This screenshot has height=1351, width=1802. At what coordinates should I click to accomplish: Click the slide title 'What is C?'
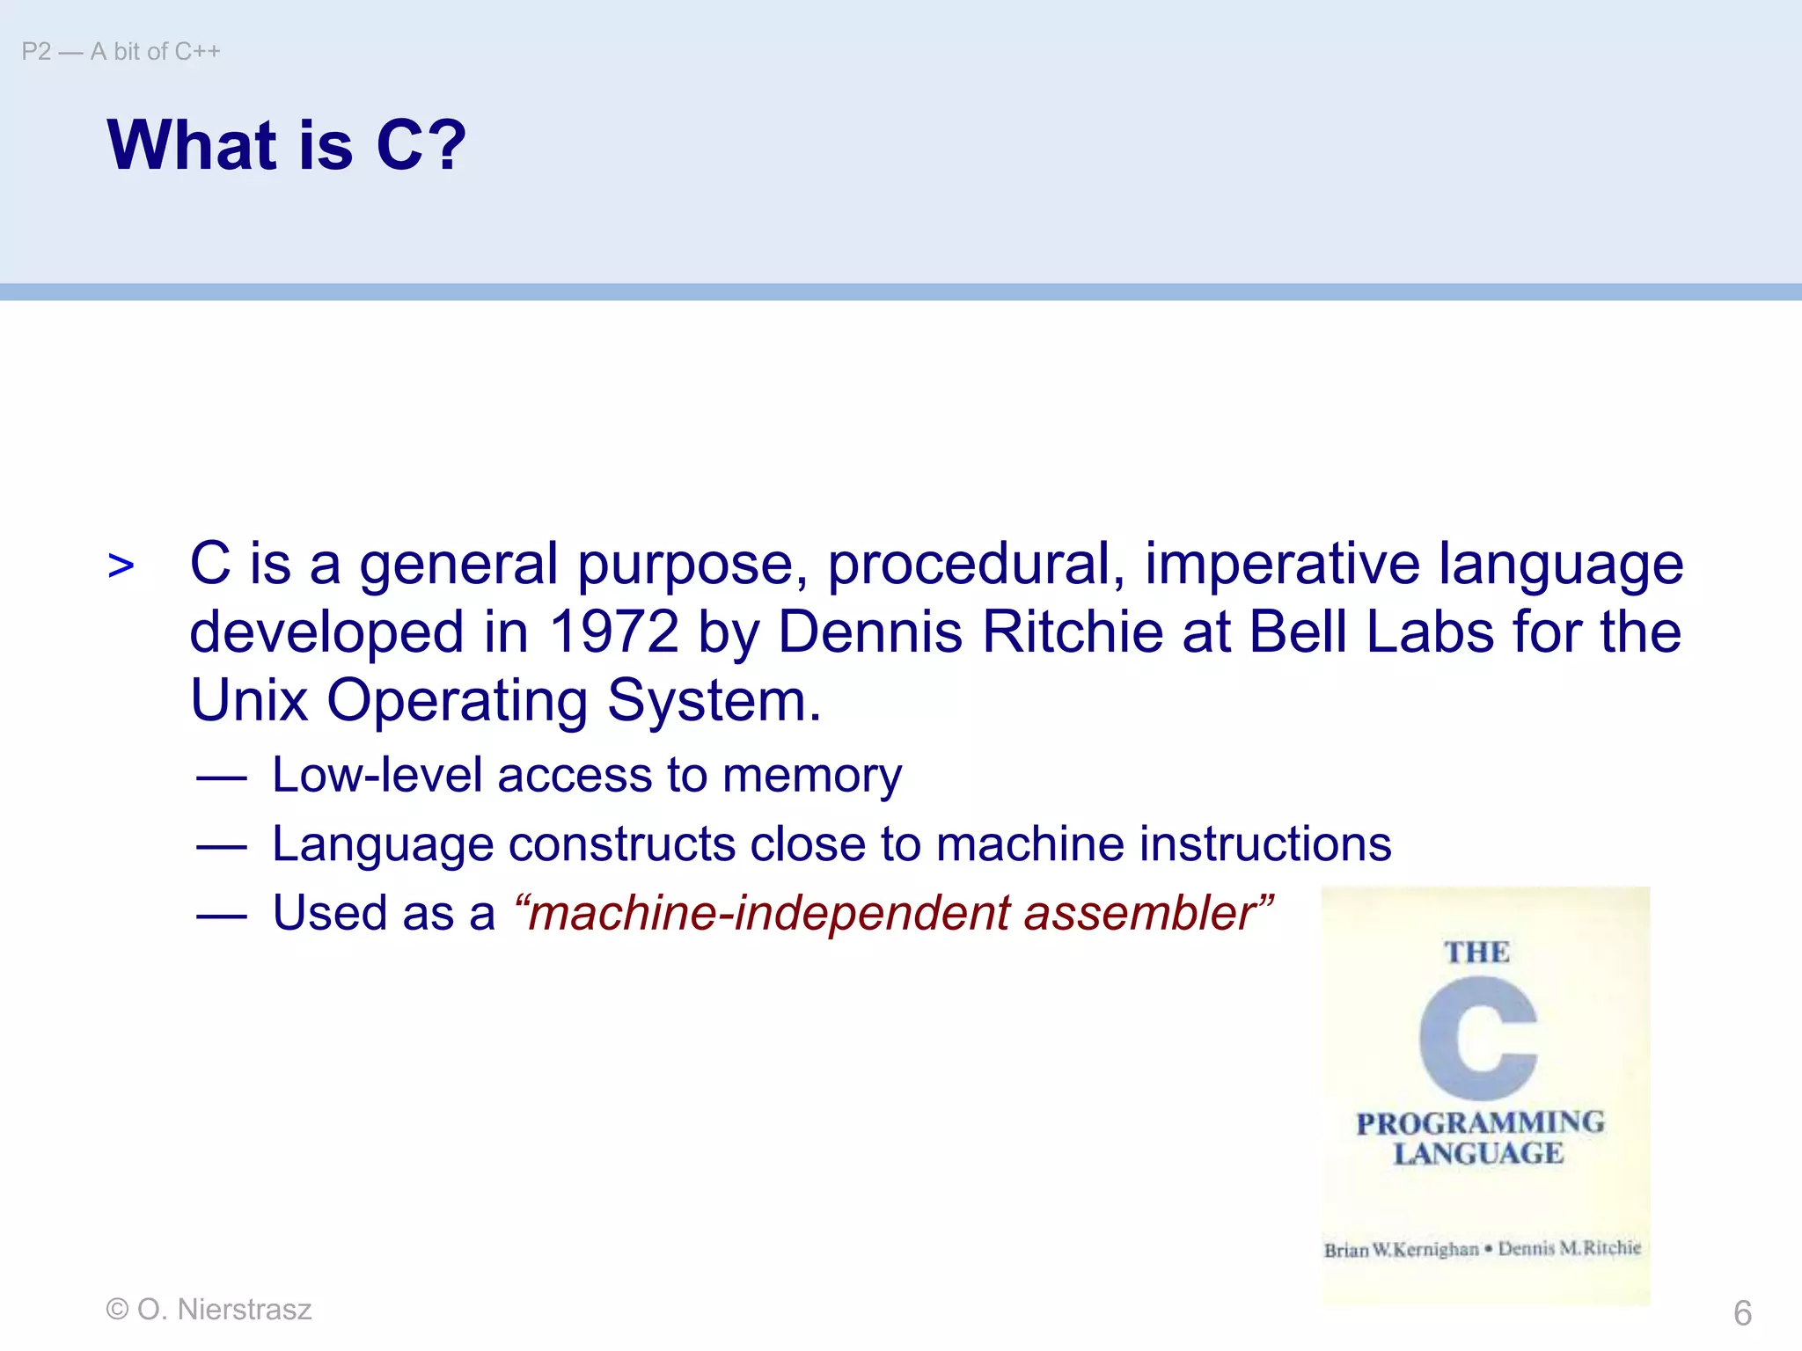[286, 145]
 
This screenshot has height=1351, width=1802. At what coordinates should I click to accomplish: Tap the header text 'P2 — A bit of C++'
[121, 52]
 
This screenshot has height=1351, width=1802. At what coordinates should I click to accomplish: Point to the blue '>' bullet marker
[121, 566]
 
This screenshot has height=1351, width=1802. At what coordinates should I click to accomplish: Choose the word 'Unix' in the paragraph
[249, 700]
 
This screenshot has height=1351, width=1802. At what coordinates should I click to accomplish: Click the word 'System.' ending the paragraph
[714, 700]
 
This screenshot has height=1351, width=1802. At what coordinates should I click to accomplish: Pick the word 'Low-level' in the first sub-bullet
[377, 776]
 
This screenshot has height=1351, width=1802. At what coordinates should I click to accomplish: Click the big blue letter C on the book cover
[1477, 1038]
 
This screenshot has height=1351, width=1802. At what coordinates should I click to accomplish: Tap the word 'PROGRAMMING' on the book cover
[1480, 1123]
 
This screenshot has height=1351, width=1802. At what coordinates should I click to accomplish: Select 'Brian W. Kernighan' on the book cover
[1401, 1250]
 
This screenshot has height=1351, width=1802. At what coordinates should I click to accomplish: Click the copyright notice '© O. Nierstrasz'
[209, 1310]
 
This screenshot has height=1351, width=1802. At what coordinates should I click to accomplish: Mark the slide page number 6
[1742, 1313]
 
